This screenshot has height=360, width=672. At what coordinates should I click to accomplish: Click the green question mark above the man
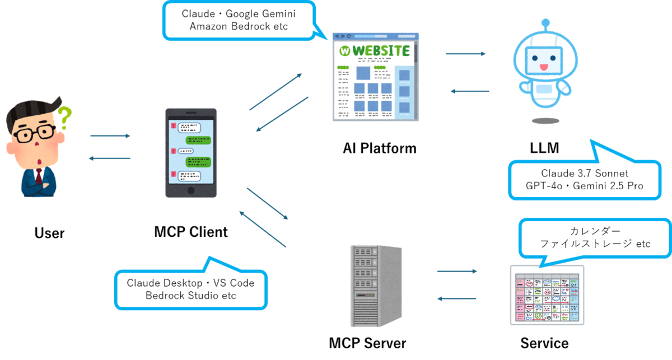[64, 117]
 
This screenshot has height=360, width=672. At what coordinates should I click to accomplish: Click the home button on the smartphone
[190, 190]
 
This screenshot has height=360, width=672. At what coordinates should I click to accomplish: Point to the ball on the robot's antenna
[546, 23]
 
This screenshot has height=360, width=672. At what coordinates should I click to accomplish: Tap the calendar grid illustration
[547, 295]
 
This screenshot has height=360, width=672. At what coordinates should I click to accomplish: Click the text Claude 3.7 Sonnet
[585, 173]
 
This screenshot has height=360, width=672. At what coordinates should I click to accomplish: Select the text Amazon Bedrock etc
[239, 26]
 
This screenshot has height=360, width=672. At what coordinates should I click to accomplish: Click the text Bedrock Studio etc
[190, 295]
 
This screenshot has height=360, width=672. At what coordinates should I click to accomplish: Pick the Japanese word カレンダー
[595, 231]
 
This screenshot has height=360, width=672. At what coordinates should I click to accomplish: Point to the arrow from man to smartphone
[110, 136]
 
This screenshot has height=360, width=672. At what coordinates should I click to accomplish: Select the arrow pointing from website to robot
[465, 54]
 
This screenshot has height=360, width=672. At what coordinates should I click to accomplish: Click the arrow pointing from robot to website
[470, 91]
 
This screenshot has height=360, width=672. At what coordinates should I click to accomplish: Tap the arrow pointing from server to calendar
[457, 271]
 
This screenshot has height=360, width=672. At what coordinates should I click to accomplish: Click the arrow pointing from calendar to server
[457, 298]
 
